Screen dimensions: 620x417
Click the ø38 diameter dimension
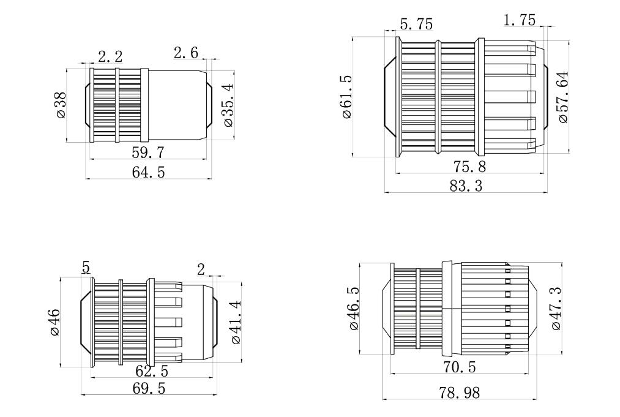click(61, 105)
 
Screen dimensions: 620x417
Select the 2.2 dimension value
click(110, 56)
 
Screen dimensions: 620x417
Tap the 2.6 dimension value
click(186, 52)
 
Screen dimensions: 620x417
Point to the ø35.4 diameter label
click(228, 106)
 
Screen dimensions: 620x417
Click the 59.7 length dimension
click(148, 152)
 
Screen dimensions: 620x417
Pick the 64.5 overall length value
click(148, 173)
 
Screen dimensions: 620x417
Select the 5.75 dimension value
click(416, 24)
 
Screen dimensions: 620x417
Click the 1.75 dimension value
click(520, 20)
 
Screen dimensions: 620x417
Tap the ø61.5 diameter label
click(346, 97)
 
